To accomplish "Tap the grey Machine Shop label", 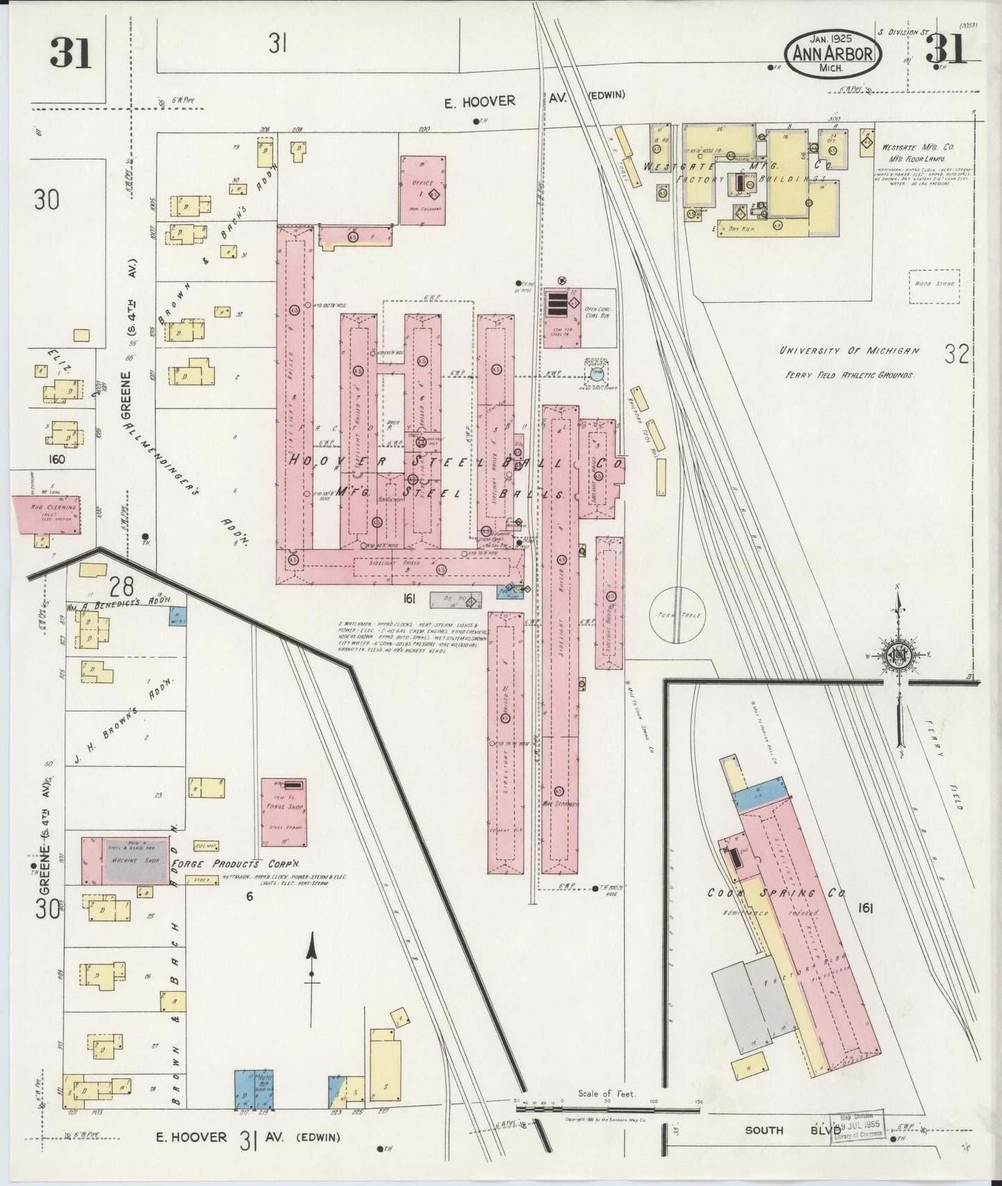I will click(x=136, y=861).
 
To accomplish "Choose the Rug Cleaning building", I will click(x=46, y=514).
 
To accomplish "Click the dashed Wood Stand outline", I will click(x=934, y=286).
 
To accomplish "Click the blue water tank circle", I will click(x=596, y=375).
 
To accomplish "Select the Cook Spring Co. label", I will click(x=776, y=893).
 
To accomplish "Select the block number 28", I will click(x=126, y=586).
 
